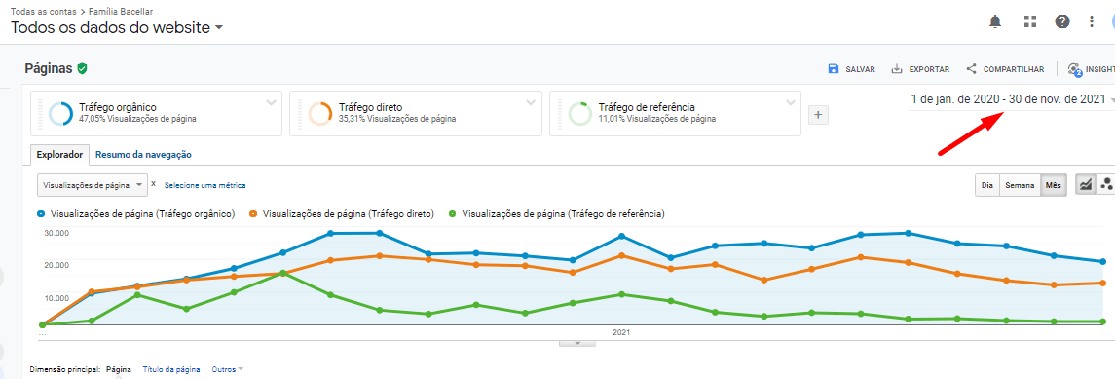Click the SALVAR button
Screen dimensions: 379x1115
pos(851,69)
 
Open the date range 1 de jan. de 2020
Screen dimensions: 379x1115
pos(1008,99)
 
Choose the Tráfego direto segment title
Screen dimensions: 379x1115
pos(370,107)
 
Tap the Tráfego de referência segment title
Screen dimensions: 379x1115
pos(646,107)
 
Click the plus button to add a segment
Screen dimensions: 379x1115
pos(818,115)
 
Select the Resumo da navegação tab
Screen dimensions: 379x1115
pos(143,154)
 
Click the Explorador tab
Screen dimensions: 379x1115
pos(60,154)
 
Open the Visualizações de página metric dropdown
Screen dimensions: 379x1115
pos(93,184)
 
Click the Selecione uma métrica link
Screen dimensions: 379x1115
pos(204,185)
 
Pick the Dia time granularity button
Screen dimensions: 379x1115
pos(987,185)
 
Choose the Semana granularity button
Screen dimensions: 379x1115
pos(1020,185)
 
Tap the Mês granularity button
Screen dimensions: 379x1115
pos(1054,185)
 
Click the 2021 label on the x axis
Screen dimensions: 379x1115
pos(622,332)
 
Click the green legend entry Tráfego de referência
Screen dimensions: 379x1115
pos(564,213)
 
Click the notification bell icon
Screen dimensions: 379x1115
pos(995,21)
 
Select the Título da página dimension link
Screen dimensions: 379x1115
pos(170,369)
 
